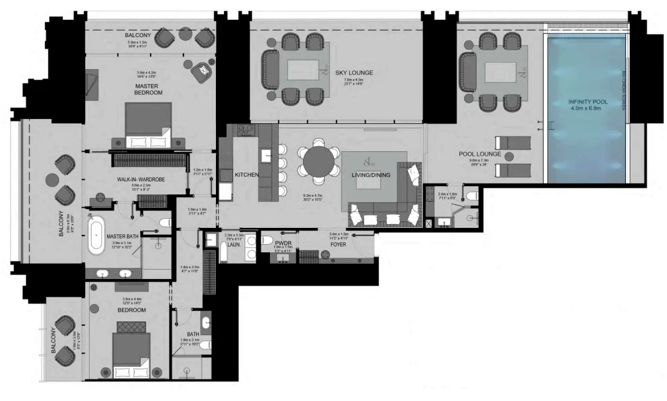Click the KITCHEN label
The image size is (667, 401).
(246, 176)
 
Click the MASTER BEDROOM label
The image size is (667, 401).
(148, 88)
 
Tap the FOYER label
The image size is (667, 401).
(338, 245)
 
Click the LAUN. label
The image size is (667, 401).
(235, 244)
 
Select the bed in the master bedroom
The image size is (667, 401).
(149, 125)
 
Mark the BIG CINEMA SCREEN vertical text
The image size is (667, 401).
(624, 90)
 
